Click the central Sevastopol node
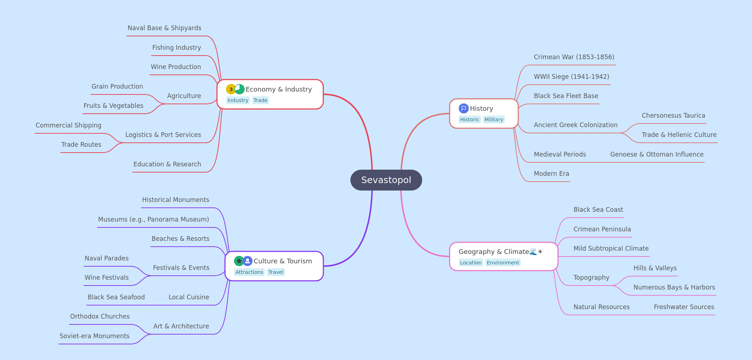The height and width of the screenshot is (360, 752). point(386,180)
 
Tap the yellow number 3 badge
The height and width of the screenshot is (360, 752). point(231,89)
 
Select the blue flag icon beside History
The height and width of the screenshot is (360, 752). point(463,109)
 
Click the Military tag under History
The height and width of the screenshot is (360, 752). point(494,120)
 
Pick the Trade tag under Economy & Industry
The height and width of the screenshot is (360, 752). point(260,100)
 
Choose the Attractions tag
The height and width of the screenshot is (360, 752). point(249,272)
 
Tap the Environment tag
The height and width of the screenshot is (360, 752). point(503,263)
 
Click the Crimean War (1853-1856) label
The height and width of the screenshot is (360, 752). point(574,57)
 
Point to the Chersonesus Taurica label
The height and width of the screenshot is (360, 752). point(673,116)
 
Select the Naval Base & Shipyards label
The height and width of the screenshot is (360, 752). point(164,28)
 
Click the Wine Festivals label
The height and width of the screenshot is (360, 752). point(106,278)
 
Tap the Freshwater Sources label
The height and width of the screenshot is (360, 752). point(684,307)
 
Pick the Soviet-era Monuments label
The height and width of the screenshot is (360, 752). point(94,336)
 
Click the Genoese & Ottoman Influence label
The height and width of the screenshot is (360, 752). point(657,154)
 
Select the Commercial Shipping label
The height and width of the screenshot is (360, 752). point(68,125)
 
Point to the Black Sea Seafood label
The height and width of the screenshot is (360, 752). point(116,297)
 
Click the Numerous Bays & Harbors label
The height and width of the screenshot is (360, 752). point(674,287)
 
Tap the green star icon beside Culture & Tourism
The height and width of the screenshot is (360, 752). point(239,261)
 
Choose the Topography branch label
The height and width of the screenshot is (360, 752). point(591,278)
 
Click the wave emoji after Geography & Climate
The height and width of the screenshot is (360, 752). point(533,252)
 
